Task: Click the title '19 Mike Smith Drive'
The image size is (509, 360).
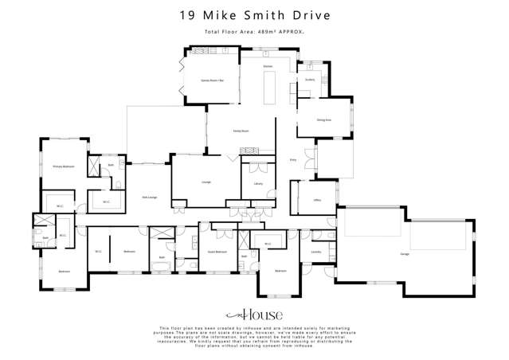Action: click(x=254, y=15)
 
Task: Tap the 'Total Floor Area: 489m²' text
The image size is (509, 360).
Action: click(x=254, y=32)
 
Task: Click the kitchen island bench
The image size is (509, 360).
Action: click(x=268, y=84)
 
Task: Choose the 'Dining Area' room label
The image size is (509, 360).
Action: click(x=325, y=119)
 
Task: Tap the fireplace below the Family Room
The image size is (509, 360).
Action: click(x=252, y=149)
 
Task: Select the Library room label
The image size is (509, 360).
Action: click(x=258, y=183)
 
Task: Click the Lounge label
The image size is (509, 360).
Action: click(x=206, y=182)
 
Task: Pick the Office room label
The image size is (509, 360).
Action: click(x=316, y=201)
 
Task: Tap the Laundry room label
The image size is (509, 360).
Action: click(x=305, y=254)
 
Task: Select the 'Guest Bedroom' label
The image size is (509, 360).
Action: click(x=217, y=251)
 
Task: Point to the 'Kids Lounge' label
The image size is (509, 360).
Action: click(x=149, y=196)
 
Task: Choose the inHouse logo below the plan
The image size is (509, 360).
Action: click(x=254, y=315)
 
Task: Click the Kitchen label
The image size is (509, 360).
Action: click(x=268, y=65)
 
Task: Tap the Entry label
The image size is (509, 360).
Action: click(x=292, y=159)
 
